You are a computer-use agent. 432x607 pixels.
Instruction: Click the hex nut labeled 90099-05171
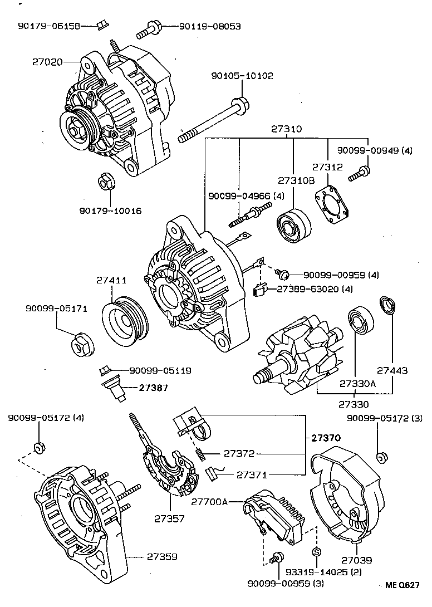[x=82, y=345]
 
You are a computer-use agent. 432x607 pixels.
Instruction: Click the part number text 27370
[x=323, y=438]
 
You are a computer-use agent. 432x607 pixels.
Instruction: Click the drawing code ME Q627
[x=402, y=585]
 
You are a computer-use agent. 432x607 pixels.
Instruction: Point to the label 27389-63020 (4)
[x=307, y=289]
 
